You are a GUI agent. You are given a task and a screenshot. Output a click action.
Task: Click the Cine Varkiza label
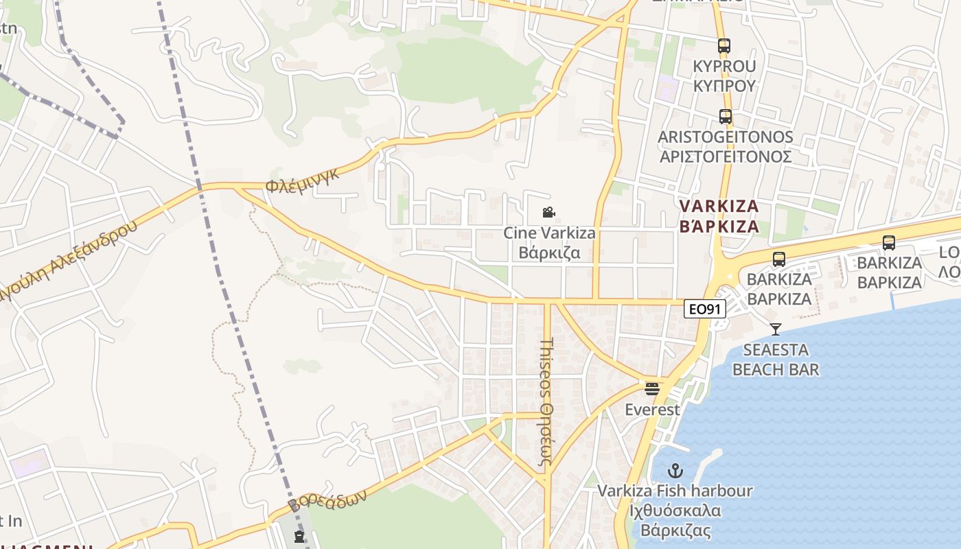tap(549, 233)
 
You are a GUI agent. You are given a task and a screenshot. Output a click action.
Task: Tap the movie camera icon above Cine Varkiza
tap(548, 213)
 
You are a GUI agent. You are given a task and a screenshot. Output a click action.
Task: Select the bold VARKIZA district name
tap(719, 207)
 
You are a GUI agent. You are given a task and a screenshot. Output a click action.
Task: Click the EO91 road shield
tap(705, 309)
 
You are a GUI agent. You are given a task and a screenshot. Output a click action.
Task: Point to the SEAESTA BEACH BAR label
tap(776, 360)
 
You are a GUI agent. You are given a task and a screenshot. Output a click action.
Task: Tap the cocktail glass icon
tap(776, 329)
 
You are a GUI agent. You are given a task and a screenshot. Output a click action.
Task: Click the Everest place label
tap(652, 410)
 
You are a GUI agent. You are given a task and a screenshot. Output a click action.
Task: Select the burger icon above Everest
tap(652, 389)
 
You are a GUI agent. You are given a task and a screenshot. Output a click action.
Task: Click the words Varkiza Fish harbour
tap(675, 491)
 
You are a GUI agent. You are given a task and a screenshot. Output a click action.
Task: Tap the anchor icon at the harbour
tap(676, 471)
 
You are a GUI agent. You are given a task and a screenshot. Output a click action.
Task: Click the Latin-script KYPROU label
tap(724, 67)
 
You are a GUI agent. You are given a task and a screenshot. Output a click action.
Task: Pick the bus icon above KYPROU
tap(724, 46)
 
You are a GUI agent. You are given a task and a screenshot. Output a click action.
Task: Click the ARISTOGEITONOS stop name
tap(726, 137)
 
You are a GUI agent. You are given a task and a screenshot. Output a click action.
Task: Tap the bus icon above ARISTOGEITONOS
tap(726, 117)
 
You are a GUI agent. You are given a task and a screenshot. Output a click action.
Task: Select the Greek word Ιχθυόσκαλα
tap(674, 511)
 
